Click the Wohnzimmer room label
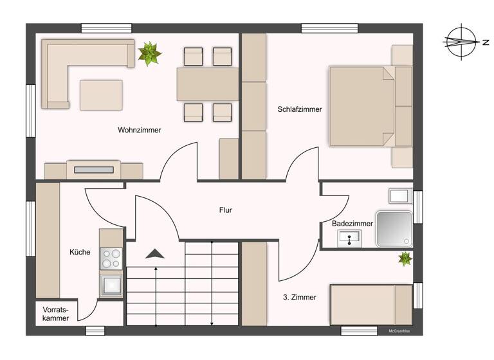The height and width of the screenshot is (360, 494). pyautogui.click(x=139, y=130)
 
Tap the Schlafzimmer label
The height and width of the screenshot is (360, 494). pyautogui.click(x=300, y=109)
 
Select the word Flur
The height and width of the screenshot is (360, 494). pyautogui.click(x=225, y=210)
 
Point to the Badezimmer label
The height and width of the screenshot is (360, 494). pyautogui.click(x=352, y=224)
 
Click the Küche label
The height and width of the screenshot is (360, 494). pyautogui.click(x=80, y=252)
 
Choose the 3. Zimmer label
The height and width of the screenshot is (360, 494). pyautogui.click(x=299, y=298)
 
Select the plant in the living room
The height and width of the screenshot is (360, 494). pyautogui.click(x=150, y=53)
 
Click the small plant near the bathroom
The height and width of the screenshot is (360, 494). pyautogui.click(x=405, y=259)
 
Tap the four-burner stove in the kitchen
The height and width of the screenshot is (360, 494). pyautogui.click(x=111, y=258)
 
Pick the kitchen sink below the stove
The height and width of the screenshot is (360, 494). pyautogui.click(x=111, y=284)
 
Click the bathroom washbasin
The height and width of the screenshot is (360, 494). pyautogui.click(x=350, y=238)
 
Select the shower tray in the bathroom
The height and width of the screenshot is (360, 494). pyautogui.click(x=394, y=228)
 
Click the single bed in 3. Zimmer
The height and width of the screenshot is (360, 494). pyautogui.click(x=370, y=305)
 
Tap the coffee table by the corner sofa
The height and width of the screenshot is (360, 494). pyautogui.click(x=101, y=94)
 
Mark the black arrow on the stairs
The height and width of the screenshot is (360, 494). pyautogui.click(x=154, y=253)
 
